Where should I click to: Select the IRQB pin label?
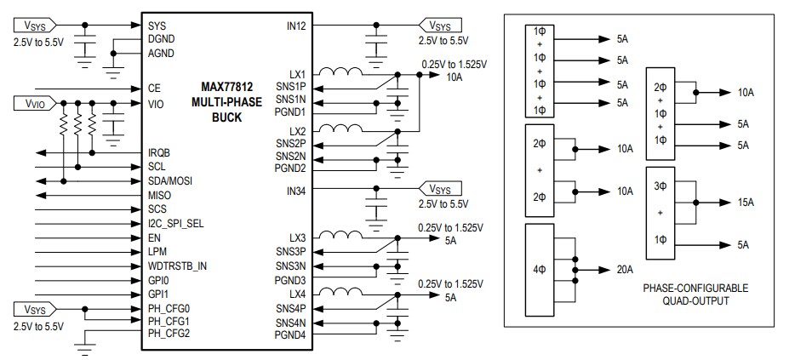coord(159,152)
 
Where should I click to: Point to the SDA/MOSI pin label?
coord(171,180)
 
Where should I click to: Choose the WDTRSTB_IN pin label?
coord(176,266)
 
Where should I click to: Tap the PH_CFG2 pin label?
coord(168,333)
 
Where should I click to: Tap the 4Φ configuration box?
coord(540,270)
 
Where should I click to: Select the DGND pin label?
coord(160,39)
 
